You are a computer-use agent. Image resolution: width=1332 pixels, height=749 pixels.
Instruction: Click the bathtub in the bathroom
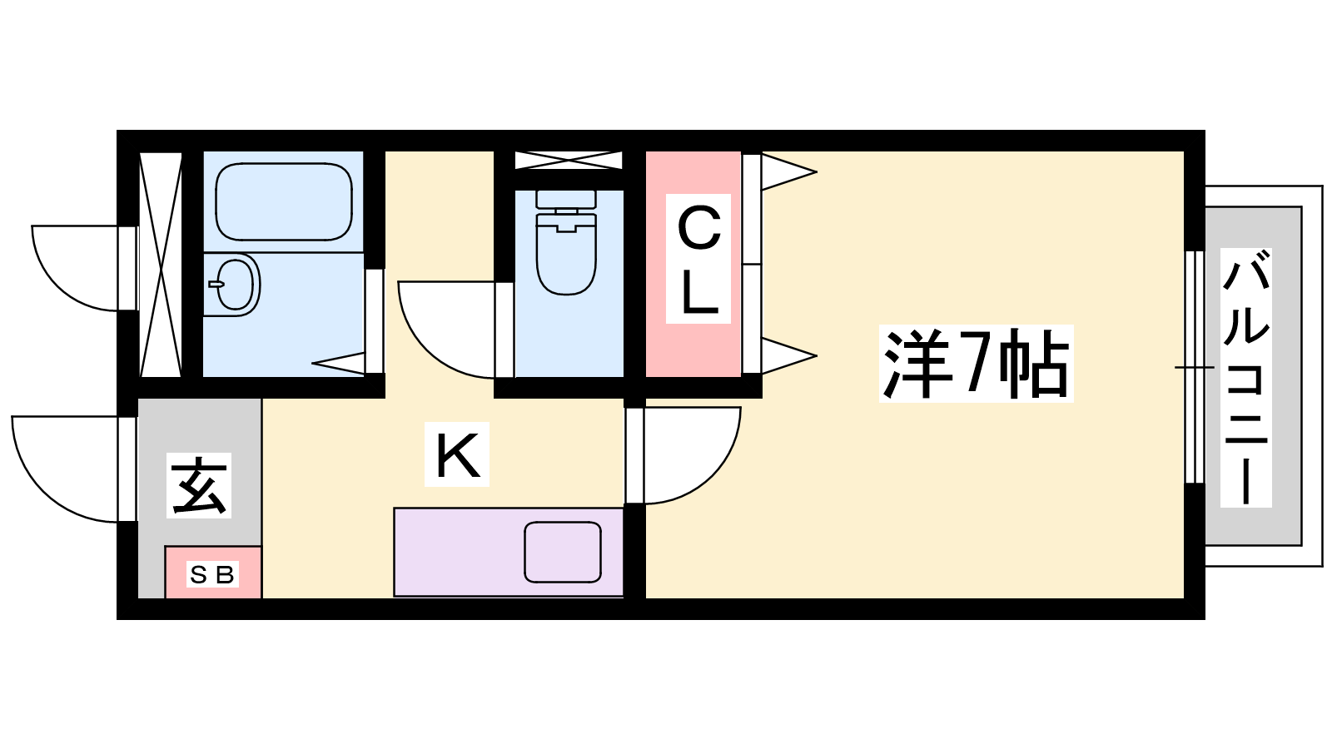[283, 201]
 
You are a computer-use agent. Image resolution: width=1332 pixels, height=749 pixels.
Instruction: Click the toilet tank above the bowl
[566, 199]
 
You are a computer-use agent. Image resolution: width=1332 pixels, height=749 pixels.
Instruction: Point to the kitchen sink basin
[563, 552]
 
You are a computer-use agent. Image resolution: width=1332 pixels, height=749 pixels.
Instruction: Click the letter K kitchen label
[457, 454]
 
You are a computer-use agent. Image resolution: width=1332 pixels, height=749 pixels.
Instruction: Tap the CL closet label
[698, 259]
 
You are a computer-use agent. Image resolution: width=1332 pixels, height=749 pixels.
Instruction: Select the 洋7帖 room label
[976, 364]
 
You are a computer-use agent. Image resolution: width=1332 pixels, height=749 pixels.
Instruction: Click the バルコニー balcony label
[1245, 377]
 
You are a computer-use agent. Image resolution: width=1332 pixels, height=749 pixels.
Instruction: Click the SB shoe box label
[212, 574]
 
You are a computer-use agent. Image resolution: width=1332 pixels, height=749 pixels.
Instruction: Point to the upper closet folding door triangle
[786, 172]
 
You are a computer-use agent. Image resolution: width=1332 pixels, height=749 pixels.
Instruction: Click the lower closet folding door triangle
[786, 356]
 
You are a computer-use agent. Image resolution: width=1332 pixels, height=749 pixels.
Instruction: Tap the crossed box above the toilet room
[568, 160]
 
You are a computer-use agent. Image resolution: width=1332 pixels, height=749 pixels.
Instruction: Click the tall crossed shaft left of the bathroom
[160, 264]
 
